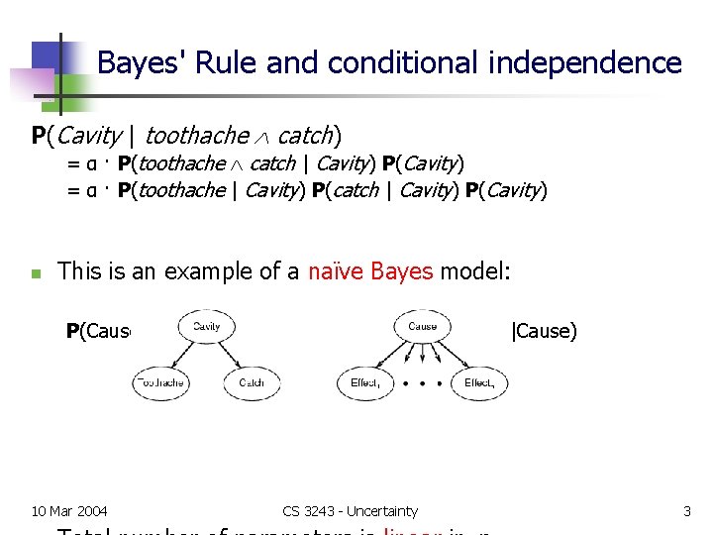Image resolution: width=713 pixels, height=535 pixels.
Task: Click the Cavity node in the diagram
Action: click(x=207, y=327)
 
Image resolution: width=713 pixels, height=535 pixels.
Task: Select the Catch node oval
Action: click(x=252, y=382)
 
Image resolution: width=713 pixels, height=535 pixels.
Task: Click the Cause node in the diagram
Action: click(x=423, y=327)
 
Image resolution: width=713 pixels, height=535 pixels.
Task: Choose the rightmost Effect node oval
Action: click(x=479, y=382)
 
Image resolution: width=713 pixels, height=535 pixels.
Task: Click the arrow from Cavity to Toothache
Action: click(x=182, y=355)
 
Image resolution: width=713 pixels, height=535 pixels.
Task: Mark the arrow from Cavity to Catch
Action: click(x=230, y=355)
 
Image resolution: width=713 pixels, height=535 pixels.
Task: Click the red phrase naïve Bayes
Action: click(x=370, y=270)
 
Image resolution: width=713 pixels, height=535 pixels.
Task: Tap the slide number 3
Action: click(x=686, y=511)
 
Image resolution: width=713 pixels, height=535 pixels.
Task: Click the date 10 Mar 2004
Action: click(x=69, y=511)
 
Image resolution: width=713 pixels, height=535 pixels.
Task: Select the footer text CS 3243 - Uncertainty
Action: click(x=350, y=511)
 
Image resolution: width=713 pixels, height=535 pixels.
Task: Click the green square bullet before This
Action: click(x=35, y=273)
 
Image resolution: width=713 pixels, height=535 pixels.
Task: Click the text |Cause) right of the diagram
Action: click(x=543, y=331)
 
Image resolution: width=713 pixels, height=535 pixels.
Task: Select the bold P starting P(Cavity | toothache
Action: click(x=38, y=135)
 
